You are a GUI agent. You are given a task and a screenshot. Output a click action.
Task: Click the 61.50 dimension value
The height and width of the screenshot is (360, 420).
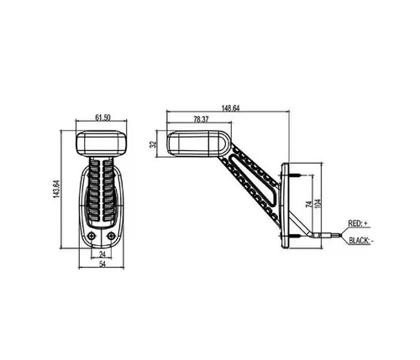click(102, 117)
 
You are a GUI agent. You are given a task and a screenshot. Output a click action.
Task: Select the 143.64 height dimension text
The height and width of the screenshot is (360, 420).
click(56, 190)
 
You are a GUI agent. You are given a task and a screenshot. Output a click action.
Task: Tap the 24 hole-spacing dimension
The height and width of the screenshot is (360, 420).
click(102, 254)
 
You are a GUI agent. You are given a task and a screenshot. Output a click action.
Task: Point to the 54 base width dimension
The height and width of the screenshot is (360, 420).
click(102, 263)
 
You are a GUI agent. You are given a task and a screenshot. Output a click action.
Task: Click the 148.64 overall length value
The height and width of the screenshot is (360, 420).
click(230, 108)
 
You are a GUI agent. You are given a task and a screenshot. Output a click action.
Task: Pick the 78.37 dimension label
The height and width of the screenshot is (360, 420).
click(201, 119)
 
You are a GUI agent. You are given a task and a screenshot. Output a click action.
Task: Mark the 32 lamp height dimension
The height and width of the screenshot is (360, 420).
click(153, 144)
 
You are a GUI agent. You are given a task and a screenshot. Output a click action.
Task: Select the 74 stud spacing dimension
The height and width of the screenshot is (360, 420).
click(310, 204)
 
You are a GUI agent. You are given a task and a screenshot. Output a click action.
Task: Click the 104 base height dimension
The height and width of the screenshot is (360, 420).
click(318, 203)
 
